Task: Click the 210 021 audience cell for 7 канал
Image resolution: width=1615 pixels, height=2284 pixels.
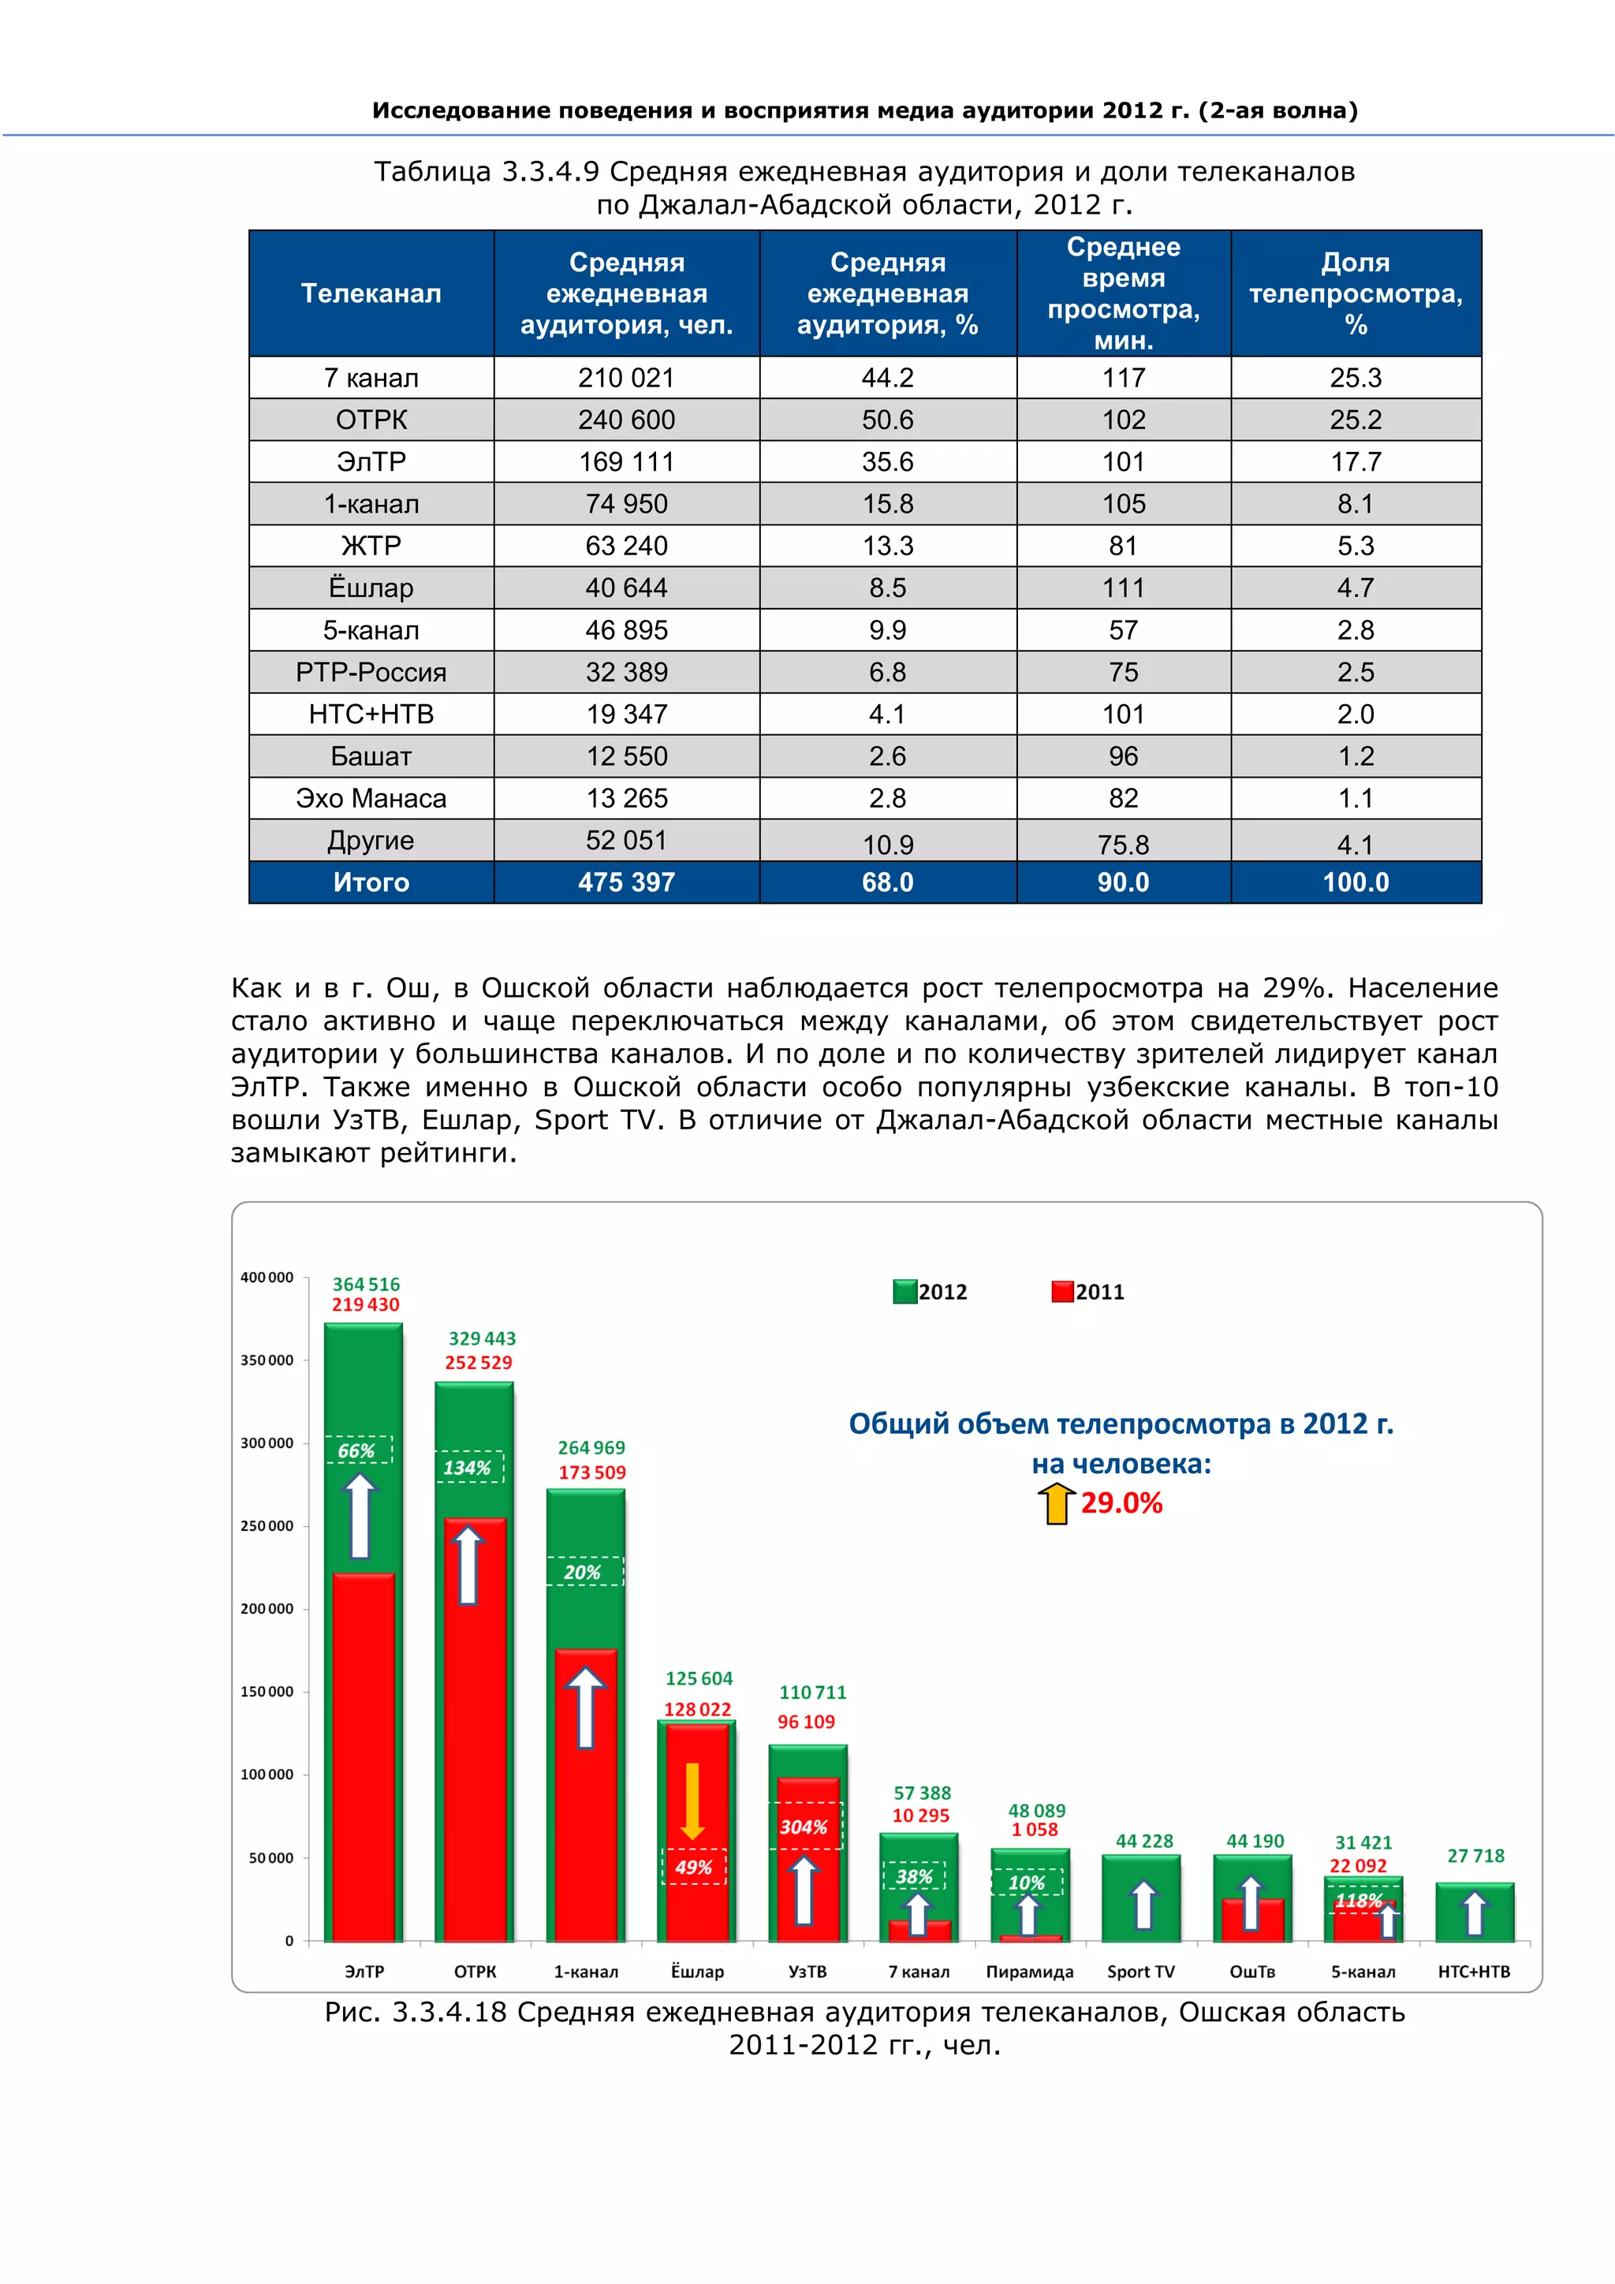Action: [x=626, y=378]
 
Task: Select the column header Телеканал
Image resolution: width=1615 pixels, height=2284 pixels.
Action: [x=371, y=293]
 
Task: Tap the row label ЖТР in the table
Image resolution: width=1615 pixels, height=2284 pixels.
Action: [x=371, y=546]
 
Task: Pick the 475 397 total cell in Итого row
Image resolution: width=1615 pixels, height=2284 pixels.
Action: [x=626, y=883]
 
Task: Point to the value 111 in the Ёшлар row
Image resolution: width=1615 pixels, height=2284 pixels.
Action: [x=1123, y=588]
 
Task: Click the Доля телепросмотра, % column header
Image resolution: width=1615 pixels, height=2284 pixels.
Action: [x=1356, y=293]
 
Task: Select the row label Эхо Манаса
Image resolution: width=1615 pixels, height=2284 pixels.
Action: [x=371, y=799]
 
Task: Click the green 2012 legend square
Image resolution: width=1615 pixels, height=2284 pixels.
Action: [x=904, y=1291]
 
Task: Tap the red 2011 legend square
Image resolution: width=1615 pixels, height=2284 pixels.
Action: [x=1062, y=1291]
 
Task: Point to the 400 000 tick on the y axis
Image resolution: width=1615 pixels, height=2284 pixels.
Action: [x=267, y=1278]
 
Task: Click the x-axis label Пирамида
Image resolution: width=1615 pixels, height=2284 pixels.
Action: [x=1029, y=1972]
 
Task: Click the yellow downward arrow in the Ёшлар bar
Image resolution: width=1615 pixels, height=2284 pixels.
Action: [x=693, y=1801]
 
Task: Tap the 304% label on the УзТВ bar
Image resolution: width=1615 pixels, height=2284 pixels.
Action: [x=804, y=1827]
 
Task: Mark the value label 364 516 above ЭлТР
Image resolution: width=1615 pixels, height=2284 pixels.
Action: [x=366, y=1284]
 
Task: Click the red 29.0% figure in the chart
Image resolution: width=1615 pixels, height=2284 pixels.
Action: [x=1122, y=1503]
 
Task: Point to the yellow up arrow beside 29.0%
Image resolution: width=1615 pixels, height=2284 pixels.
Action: [x=1056, y=1503]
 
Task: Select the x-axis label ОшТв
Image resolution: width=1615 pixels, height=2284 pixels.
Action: [x=1252, y=1972]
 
